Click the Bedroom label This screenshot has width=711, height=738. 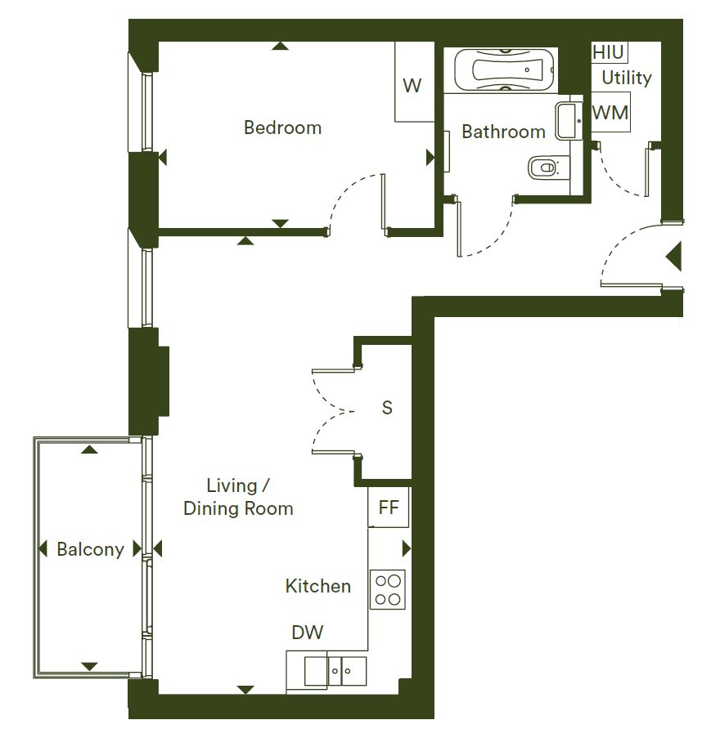coord(283,127)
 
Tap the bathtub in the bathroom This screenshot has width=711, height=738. coord(504,69)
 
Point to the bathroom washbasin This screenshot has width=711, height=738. coord(569,121)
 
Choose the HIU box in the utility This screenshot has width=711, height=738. coord(610,52)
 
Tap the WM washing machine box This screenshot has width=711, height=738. coord(610,112)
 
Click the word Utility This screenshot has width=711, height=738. coord(627,78)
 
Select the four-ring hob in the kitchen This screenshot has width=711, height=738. coord(388,590)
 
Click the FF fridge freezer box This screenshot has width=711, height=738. coord(389,508)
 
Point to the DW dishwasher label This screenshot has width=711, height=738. coord(308,632)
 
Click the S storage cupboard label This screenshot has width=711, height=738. coord(387,408)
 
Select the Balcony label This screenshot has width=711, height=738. coord(91,549)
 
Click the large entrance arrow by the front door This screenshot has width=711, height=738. coord(674,257)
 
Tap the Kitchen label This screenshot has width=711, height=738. coord(318,586)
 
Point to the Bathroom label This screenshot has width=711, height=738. coord(504,132)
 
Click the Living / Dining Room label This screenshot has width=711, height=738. coord(238,497)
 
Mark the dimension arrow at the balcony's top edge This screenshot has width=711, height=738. coord(89,450)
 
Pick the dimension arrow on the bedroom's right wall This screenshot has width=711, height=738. coord(430,158)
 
